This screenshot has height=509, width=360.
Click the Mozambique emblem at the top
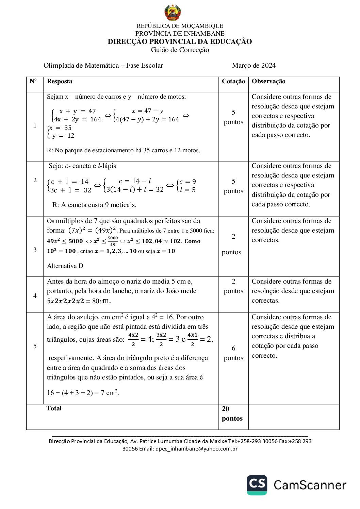click(x=173, y=13)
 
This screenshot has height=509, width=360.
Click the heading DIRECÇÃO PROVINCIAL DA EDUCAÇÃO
click(x=180, y=41)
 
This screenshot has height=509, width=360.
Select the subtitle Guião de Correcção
click(x=180, y=50)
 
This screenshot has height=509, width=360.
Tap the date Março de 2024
click(x=253, y=66)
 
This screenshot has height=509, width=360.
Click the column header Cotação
click(x=233, y=81)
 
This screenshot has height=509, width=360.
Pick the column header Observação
click(x=268, y=81)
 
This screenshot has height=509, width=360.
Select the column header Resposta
click(x=60, y=81)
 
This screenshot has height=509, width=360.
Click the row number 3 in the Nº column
click(x=35, y=250)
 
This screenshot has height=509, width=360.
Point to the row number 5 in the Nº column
click(x=35, y=346)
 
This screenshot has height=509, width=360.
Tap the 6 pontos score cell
click(x=233, y=353)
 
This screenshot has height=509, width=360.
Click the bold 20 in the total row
click(x=226, y=409)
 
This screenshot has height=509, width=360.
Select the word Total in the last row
click(x=54, y=408)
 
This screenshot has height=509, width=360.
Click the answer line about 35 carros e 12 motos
click(x=124, y=150)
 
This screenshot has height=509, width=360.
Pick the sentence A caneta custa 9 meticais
click(x=94, y=205)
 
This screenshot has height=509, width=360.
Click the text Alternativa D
click(x=65, y=266)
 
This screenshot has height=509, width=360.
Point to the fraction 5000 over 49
click(x=113, y=241)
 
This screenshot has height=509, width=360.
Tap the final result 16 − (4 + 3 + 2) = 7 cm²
click(x=83, y=393)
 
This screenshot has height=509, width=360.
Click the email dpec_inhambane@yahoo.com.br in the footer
click(x=196, y=449)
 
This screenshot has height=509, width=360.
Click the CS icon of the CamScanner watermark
click(x=257, y=485)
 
